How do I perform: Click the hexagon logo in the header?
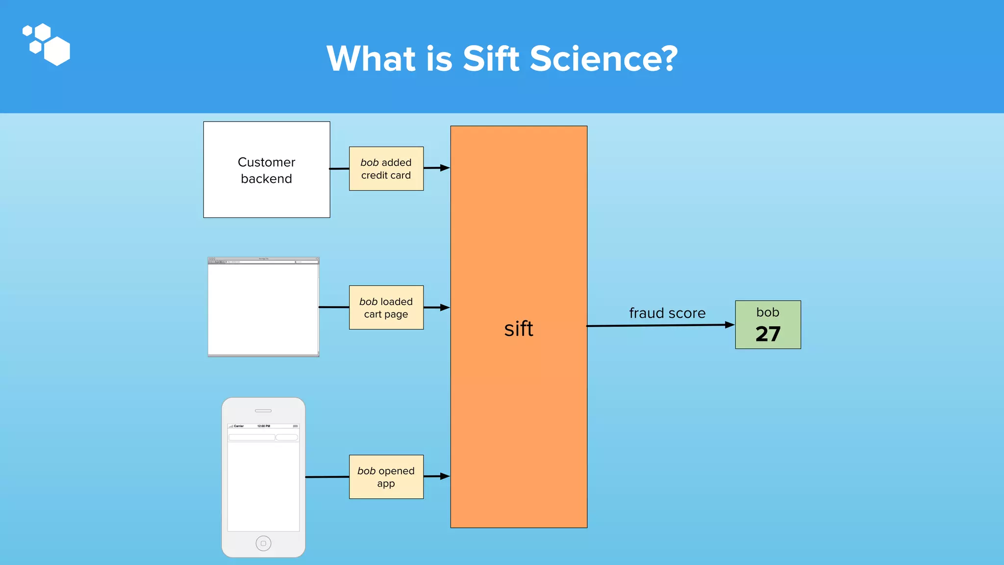(x=47, y=44)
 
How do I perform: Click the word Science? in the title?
(x=603, y=58)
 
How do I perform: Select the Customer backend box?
(x=267, y=170)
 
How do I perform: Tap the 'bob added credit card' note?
(x=386, y=169)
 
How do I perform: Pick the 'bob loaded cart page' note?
(x=386, y=308)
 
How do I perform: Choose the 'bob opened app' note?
(x=386, y=477)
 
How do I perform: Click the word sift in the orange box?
(x=518, y=329)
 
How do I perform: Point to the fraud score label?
(x=667, y=313)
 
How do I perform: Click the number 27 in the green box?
(x=768, y=334)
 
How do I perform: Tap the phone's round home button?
(x=263, y=543)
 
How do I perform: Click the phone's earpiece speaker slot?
(x=263, y=411)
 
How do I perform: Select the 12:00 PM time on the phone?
(x=264, y=426)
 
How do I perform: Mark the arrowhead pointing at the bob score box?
(x=729, y=325)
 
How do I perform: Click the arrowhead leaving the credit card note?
(x=445, y=168)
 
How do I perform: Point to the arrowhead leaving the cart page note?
(x=445, y=308)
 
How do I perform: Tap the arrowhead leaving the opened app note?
(x=445, y=476)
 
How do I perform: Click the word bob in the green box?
(x=768, y=312)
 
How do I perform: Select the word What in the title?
(x=371, y=58)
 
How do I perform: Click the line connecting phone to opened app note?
(x=327, y=477)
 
